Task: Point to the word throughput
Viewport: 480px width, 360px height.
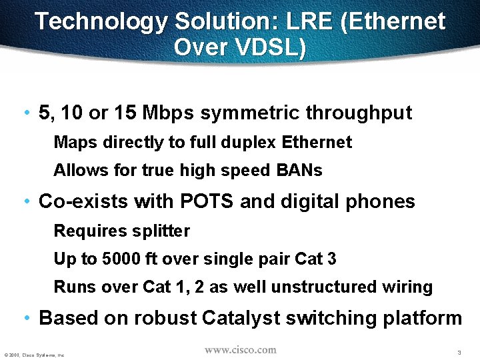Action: pyautogui.click(x=359, y=113)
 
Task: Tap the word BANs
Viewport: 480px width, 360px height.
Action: pyautogui.click(x=299, y=171)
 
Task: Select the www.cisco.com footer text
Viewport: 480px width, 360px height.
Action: pyautogui.click(x=240, y=350)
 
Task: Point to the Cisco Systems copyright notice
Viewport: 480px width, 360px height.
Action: pyautogui.click(x=34, y=355)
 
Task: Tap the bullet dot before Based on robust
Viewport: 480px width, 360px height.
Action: pyautogui.click(x=25, y=319)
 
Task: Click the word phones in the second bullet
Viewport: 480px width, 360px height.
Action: pyautogui.click(x=382, y=201)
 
